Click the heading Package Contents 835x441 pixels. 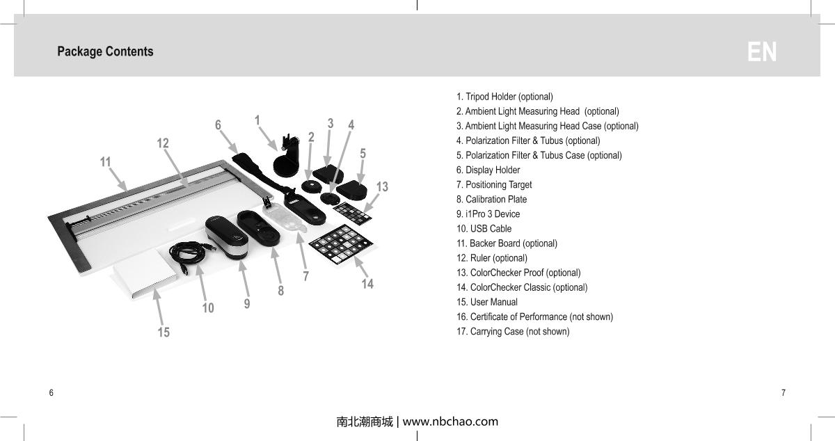(105, 51)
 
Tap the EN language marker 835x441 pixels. (762, 52)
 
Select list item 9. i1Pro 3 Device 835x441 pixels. (488, 214)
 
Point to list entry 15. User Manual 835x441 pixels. (486, 303)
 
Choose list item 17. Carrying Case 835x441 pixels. (513, 332)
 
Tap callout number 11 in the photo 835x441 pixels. (105, 162)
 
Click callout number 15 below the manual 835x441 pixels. (164, 332)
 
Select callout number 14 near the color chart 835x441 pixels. (367, 284)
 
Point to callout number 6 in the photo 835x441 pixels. (218, 125)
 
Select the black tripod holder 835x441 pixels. (288, 159)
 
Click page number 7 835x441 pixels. (784, 393)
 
